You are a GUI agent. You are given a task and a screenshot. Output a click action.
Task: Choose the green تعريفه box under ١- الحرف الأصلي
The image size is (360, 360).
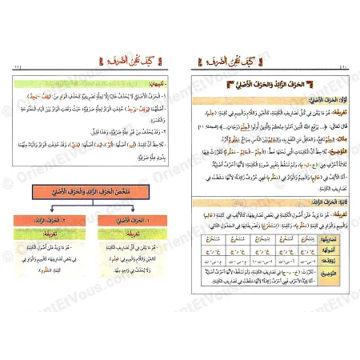pos(128,238)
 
